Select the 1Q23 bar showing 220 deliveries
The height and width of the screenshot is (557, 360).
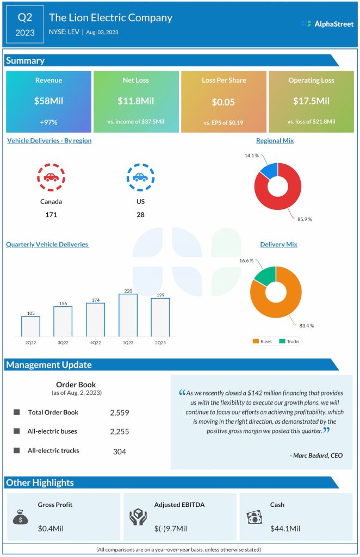coord(128,315)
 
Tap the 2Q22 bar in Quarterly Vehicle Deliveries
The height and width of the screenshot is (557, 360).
coord(30,326)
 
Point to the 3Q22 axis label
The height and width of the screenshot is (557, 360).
coord(63,343)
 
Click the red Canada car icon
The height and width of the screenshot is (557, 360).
coord(51,177)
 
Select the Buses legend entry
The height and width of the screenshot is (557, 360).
coord(262,342)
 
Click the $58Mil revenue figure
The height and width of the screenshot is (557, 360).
coord(48,101)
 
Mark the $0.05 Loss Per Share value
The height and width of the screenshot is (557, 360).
coord(224,102)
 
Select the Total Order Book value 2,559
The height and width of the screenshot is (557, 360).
coord(119,413)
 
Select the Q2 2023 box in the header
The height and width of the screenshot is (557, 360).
coord(25,24)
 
